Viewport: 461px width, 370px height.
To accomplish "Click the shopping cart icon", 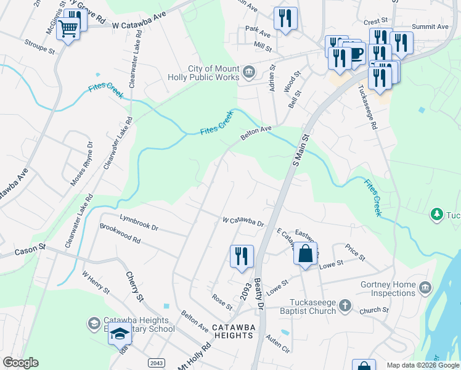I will click(68, 27).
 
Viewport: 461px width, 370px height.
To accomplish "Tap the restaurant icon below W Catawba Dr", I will click(242, 256).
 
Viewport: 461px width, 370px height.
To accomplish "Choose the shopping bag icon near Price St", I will click(305, 253).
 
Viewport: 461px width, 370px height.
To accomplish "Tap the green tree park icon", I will click(436, 214).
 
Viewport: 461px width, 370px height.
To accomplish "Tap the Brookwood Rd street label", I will click(120, 235).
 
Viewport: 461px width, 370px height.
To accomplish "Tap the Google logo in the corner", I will click(20, 363).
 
